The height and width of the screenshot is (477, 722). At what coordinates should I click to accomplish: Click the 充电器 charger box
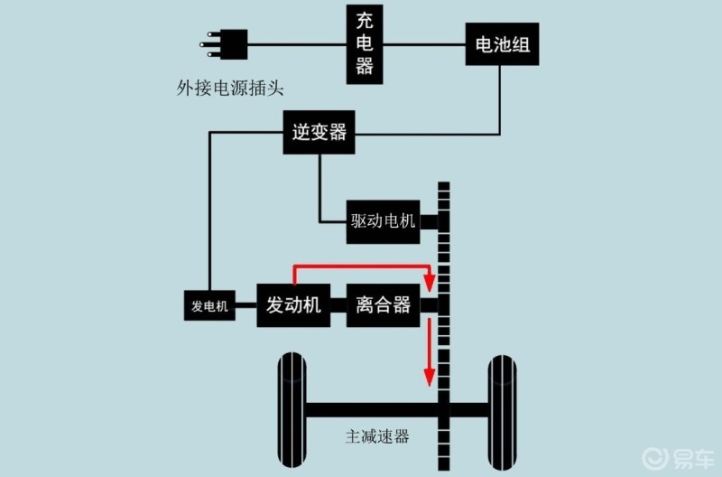pos(366,43)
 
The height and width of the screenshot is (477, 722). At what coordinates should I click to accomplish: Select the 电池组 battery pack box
pos(502,44)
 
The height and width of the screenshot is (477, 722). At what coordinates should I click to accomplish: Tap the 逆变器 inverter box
pos(319,132)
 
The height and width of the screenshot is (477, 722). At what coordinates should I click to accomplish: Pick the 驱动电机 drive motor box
pos(384,220)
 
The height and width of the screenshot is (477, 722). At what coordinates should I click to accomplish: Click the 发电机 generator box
pos(209,306)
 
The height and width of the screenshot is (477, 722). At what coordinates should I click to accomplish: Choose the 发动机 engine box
pos(292,305)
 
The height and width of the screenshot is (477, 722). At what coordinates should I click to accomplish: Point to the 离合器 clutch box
pos(384,305)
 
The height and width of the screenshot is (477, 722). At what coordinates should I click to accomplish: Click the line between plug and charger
pos(297,44)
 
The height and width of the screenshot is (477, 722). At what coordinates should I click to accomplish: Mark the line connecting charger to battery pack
pos(424,44)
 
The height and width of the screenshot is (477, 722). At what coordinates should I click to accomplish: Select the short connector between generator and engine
pos(245,306)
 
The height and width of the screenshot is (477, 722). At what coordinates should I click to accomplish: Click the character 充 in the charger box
pos(366,19)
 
